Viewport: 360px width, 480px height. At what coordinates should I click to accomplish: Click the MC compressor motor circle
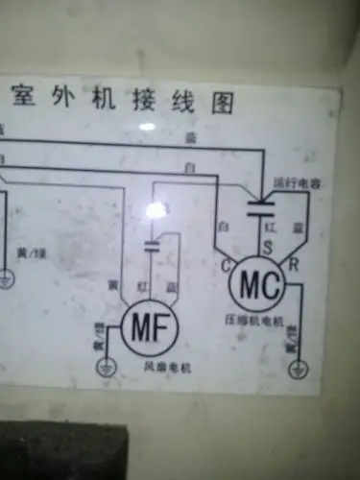259,285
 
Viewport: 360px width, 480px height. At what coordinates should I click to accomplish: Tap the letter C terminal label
227,264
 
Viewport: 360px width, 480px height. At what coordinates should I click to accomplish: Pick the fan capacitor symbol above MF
152,247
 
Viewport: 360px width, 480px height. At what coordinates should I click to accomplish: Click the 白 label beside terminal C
223,227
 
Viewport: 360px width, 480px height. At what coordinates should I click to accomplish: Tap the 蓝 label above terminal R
298,228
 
